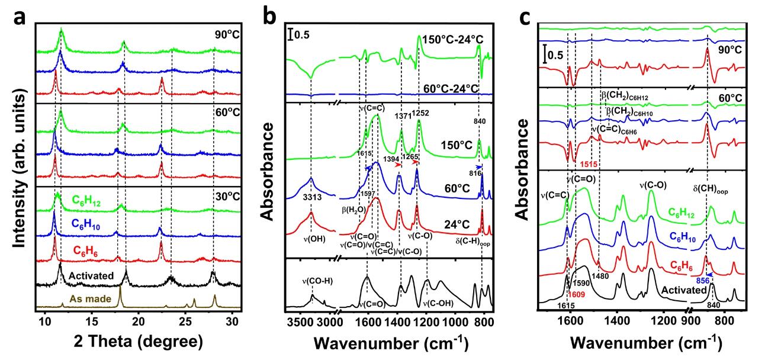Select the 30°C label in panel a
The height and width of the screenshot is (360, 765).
click(226, 195)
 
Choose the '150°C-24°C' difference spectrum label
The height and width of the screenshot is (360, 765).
click(453, 40)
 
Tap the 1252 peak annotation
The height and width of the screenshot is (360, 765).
click(422, 113)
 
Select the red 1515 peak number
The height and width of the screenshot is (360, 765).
click(593, 163)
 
